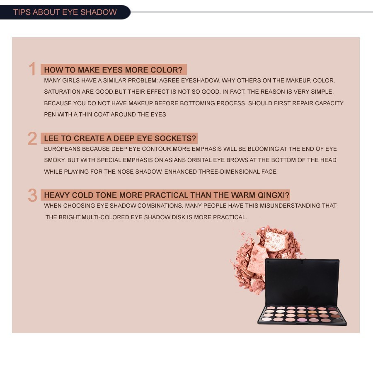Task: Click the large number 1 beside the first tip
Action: click(x=32, y=69)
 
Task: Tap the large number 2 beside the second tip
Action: click(x=32, y=138)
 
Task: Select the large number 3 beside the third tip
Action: click(x=33, y=195)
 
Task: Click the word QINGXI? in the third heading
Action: click(x=274, y=195)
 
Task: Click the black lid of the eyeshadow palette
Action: click(x=302, y=282)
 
